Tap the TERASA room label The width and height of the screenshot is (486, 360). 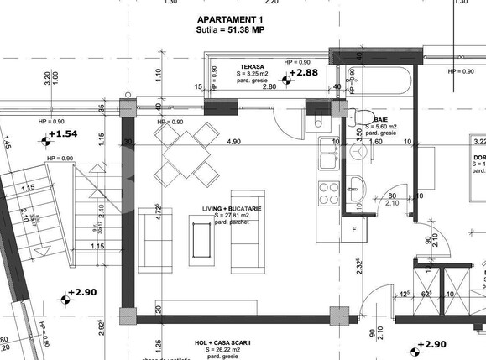click(252, 65)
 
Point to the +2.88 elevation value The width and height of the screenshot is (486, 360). click(306, 74)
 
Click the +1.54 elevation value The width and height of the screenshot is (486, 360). click(62, 134)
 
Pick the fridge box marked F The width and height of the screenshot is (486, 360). click(354, 228)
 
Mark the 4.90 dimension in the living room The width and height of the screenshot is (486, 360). click(233, 142)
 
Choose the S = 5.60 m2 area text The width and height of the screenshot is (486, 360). click(385, 128)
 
